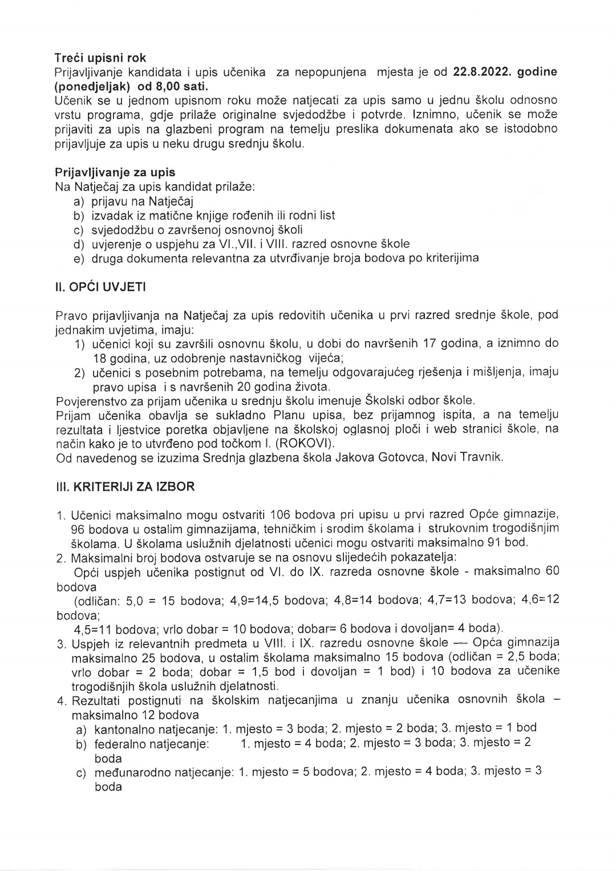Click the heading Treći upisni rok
coord(100,58)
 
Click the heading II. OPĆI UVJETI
coord(100,287)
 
